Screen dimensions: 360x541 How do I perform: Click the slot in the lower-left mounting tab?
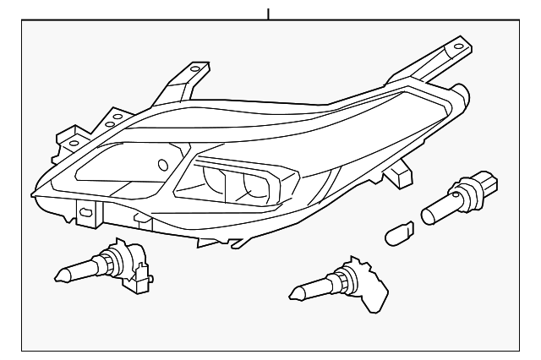click(85, 211)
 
